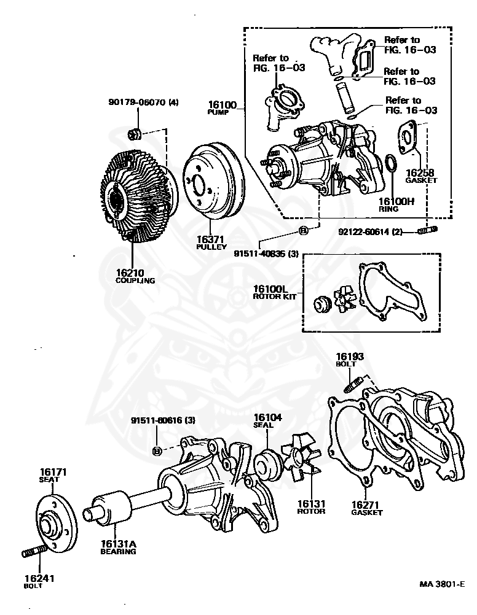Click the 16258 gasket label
[x=420, y=174]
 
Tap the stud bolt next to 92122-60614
[x=428, y=231]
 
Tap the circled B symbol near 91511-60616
[x=157, y=451]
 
